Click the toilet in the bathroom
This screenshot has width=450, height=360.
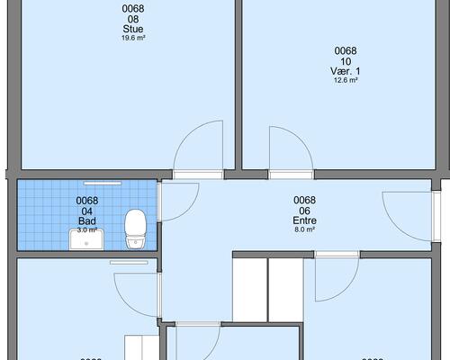click(136, 228)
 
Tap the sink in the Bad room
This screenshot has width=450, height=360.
click(87, 237)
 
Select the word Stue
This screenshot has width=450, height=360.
click(132, 29)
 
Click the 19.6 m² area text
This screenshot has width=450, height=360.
click(132, 38)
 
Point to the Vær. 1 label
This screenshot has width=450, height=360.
click(346, 71)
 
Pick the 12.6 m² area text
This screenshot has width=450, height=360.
click(346, 80)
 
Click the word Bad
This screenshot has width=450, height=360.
click(87, 220)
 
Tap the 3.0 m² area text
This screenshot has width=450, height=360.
click(87, 229)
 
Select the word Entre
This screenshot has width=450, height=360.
click(305, 220)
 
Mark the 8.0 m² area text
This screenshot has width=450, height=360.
click(305, 229)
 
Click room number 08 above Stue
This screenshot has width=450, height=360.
click(132, 19)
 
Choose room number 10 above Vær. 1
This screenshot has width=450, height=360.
click(346, 61)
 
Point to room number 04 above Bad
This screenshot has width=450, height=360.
click(87, 211)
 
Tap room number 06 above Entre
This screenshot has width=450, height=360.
click(305, 211)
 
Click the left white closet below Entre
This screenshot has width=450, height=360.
click(250, 288)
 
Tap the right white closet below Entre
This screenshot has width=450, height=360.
click(285, 288)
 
